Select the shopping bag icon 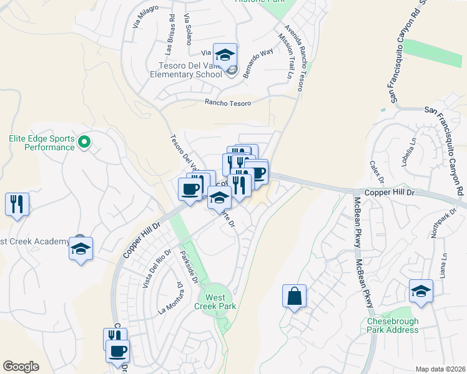tap(294, 297)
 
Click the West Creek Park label tap(214, 301)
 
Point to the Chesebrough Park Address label tap(393, 326)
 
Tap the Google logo tap(21, 367)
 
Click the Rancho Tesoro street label tap(228, 103)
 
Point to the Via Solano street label tap(187, 29)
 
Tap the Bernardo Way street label tap(258, 60)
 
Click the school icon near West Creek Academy tap(81, 249)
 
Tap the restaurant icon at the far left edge tap(17, 204)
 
